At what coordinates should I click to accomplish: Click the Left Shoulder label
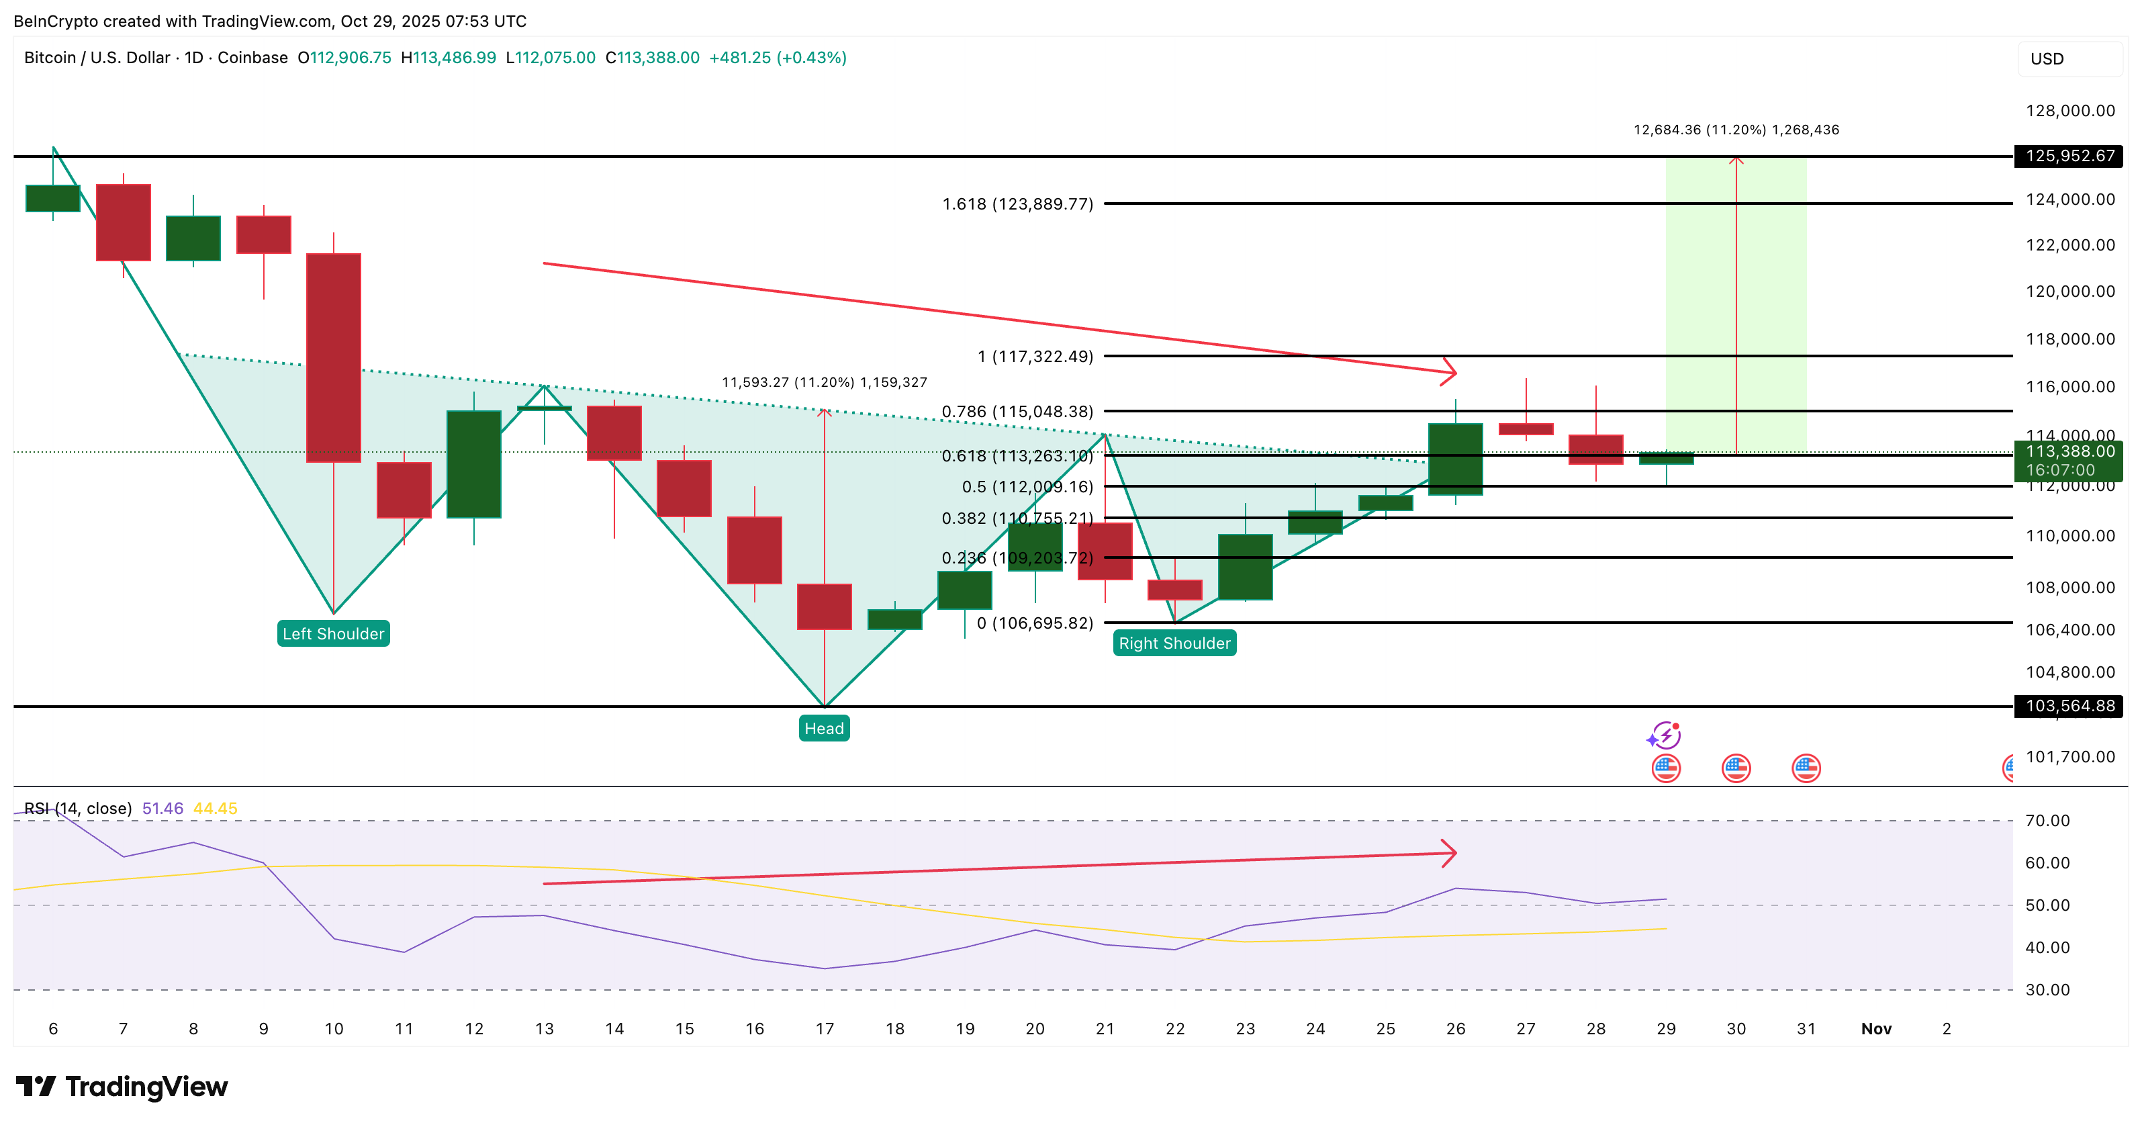334,634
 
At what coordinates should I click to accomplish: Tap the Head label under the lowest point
824,729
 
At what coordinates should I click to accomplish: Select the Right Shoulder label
1174,643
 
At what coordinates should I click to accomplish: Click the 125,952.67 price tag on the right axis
2069,156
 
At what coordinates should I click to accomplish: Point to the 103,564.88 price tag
2069,706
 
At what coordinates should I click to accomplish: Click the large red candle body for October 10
334,358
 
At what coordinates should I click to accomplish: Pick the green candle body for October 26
1455,459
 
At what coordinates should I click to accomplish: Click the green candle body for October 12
474,464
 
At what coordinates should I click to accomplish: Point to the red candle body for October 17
824,606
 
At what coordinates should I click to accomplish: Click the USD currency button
2069,59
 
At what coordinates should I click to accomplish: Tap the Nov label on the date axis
1876,1029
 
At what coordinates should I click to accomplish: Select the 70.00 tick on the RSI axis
2047,821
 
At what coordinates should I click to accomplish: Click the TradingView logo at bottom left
122,1086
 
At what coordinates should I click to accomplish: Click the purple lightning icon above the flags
1665,735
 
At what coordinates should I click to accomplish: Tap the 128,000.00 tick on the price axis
2069,111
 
